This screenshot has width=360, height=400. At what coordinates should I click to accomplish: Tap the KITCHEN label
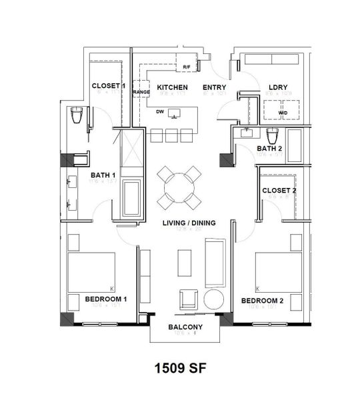coord(172,87)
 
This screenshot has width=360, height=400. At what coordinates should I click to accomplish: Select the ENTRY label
coord(214,87)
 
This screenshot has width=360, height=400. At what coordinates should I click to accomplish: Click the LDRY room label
coord(277,87)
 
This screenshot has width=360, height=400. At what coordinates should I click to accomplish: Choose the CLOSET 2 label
coord(279,190)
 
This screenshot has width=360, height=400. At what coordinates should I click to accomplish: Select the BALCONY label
coord(185,327)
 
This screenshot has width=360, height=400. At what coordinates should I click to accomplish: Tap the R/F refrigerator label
coord(187,67)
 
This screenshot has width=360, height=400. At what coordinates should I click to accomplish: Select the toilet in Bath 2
coord(272,136)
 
